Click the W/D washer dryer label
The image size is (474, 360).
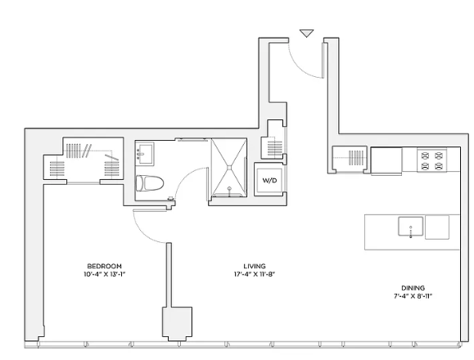tap(269, 181)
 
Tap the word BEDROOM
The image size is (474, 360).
tap(104, 266)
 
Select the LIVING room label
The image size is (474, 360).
tap(255, 266)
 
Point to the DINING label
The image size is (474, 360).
tap(413, 288)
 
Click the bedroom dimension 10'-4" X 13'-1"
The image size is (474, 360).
tap(104, 274)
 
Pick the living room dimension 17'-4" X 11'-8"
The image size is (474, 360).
tap(255, 274)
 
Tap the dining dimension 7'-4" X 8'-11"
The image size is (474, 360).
tap(413, 296)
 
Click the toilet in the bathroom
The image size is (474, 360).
tap(149, 183)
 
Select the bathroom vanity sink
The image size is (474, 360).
tap(145, 154)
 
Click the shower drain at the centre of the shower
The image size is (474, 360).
tap(229, 167)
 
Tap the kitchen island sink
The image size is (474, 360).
tap(410, 226)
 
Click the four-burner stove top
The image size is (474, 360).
tap(431, 160)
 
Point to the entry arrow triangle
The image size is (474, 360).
tap(306, 34)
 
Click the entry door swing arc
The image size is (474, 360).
tap(300, 67)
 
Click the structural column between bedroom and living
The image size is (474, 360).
tap(177, 324)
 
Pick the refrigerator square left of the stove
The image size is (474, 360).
tap(386, 160)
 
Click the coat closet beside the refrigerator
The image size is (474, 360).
tap(350, 159)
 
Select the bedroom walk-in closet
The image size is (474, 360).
tap(84, 159)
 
